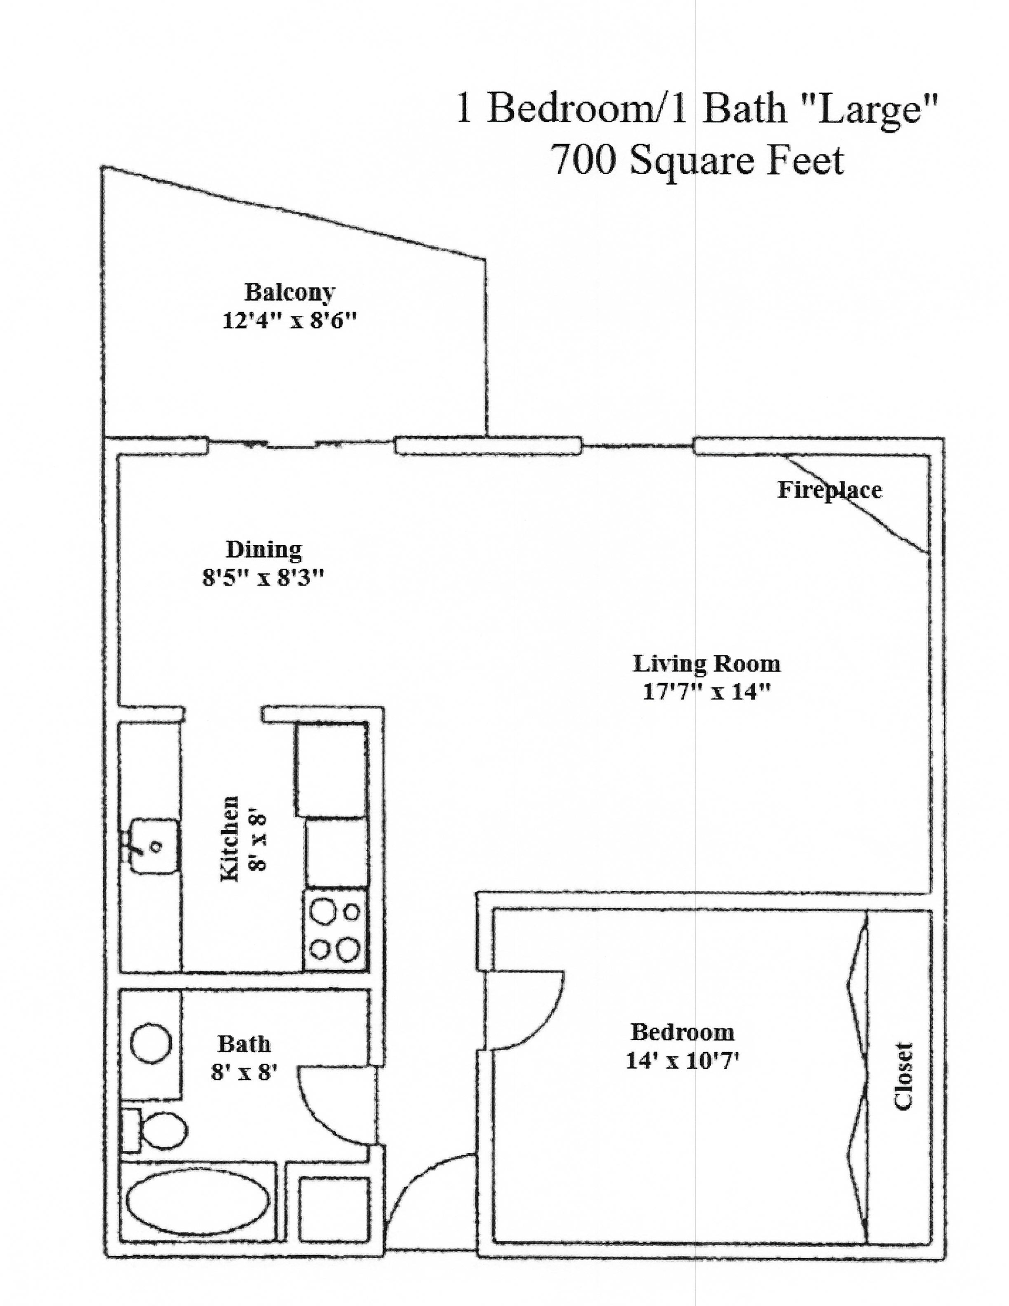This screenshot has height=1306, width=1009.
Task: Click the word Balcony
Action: [x=290, y=292]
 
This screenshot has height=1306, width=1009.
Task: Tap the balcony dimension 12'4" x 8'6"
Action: [x=290, y=321]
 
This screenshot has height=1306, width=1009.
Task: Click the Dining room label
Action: [x=264, y=550]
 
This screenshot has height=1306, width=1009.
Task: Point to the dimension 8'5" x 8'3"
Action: [x=263, y=578]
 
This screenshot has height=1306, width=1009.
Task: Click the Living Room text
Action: [x=706, y=664]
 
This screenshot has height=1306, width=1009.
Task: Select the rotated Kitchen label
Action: [x=230, y=838]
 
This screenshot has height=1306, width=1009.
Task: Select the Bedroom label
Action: [x=682, y=1032]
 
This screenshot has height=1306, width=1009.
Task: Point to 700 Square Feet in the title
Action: [x=697, y=160]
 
